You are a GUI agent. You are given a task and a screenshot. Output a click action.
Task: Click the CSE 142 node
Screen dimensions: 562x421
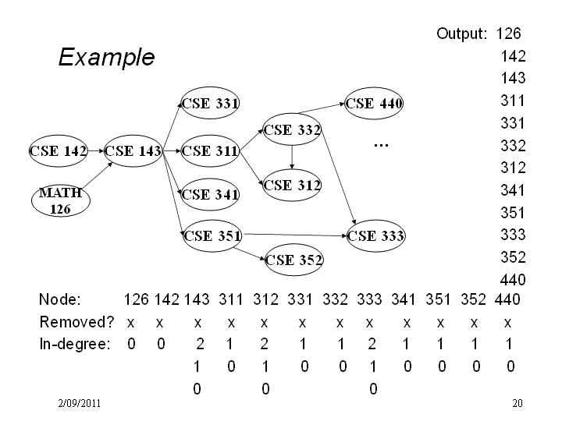click(59, 151)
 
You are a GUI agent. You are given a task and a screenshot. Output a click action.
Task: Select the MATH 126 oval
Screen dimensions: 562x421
click(61, 201)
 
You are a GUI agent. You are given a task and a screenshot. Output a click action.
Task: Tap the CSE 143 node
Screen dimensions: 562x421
click(133, 151)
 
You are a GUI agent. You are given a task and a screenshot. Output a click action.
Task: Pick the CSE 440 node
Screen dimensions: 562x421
click(374, 104)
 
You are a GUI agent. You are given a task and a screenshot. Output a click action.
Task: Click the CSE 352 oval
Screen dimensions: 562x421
click(294, 260)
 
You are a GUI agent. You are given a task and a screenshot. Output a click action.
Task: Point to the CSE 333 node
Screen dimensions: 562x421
click(376, 236)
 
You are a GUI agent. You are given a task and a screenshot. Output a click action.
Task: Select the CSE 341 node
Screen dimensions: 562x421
click(210, 195)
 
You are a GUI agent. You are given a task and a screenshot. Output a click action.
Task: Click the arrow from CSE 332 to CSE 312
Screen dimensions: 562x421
click(292, 157)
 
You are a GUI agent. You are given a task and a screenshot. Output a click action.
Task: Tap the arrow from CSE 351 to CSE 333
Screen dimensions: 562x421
click(294, 235)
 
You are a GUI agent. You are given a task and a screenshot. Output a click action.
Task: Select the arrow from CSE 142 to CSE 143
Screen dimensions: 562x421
click(96, 151)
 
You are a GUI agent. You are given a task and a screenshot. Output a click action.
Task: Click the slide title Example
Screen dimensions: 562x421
click(106, 57)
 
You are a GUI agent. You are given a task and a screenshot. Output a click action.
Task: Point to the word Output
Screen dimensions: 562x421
click(461, 34)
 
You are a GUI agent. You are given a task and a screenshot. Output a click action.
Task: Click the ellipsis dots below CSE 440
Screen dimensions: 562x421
click(381, 145)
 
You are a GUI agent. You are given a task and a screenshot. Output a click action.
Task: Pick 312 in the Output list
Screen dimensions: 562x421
click(513, 168)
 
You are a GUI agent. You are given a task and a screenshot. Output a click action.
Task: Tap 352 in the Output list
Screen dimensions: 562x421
click(513, 257)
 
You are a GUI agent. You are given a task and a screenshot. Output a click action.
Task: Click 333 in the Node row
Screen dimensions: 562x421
click(369, 299)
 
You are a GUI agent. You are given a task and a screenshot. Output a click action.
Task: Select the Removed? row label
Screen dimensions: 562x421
click(76, 322)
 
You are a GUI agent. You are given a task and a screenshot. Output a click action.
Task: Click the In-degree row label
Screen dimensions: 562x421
click(75, 344)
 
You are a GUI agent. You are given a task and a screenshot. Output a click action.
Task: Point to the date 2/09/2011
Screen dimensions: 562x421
click(79, 404)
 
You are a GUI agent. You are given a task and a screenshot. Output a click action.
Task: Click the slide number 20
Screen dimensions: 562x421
click(518, 404)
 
